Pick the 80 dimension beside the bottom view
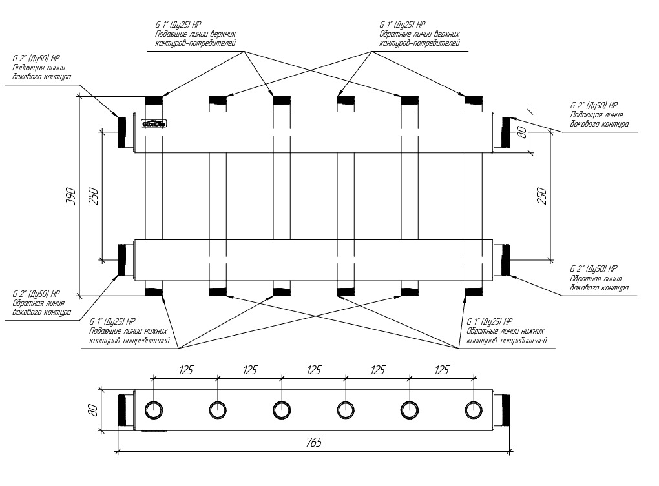tap(92, 409)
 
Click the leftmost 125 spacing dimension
tap(185, 370)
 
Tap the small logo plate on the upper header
tap(154, 122)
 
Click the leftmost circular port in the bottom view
tap(154, 410)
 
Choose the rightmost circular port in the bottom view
tap(474, 410)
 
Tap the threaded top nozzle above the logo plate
tap(154, 100)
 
